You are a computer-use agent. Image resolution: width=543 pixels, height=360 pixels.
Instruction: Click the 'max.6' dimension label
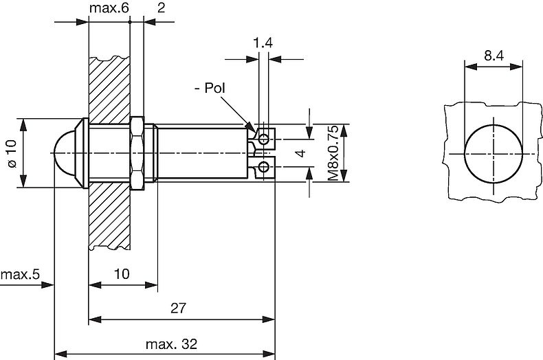click(x=109, y=8)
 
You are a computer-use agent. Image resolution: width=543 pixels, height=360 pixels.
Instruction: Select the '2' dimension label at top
click(x=160, y=8)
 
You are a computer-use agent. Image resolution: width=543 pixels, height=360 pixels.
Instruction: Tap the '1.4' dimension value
click(x=263, y=44)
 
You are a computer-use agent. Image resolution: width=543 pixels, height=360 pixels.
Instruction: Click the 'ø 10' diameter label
click(x=10, y=153)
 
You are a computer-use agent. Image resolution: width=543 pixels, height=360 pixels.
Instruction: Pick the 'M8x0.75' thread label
click(x=332, y=153)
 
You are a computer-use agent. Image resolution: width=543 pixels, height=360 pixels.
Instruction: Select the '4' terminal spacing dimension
click(x=298, y=153)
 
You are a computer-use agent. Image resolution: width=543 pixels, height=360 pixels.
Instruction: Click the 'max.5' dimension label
click(x=21, y=275)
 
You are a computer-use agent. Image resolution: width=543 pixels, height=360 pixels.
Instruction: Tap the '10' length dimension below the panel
click(x=121, y=273)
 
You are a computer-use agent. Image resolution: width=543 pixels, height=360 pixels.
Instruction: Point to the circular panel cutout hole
click(x=493, y=153)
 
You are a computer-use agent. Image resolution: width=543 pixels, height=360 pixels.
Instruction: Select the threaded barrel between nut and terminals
click(x=203, y=153)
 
